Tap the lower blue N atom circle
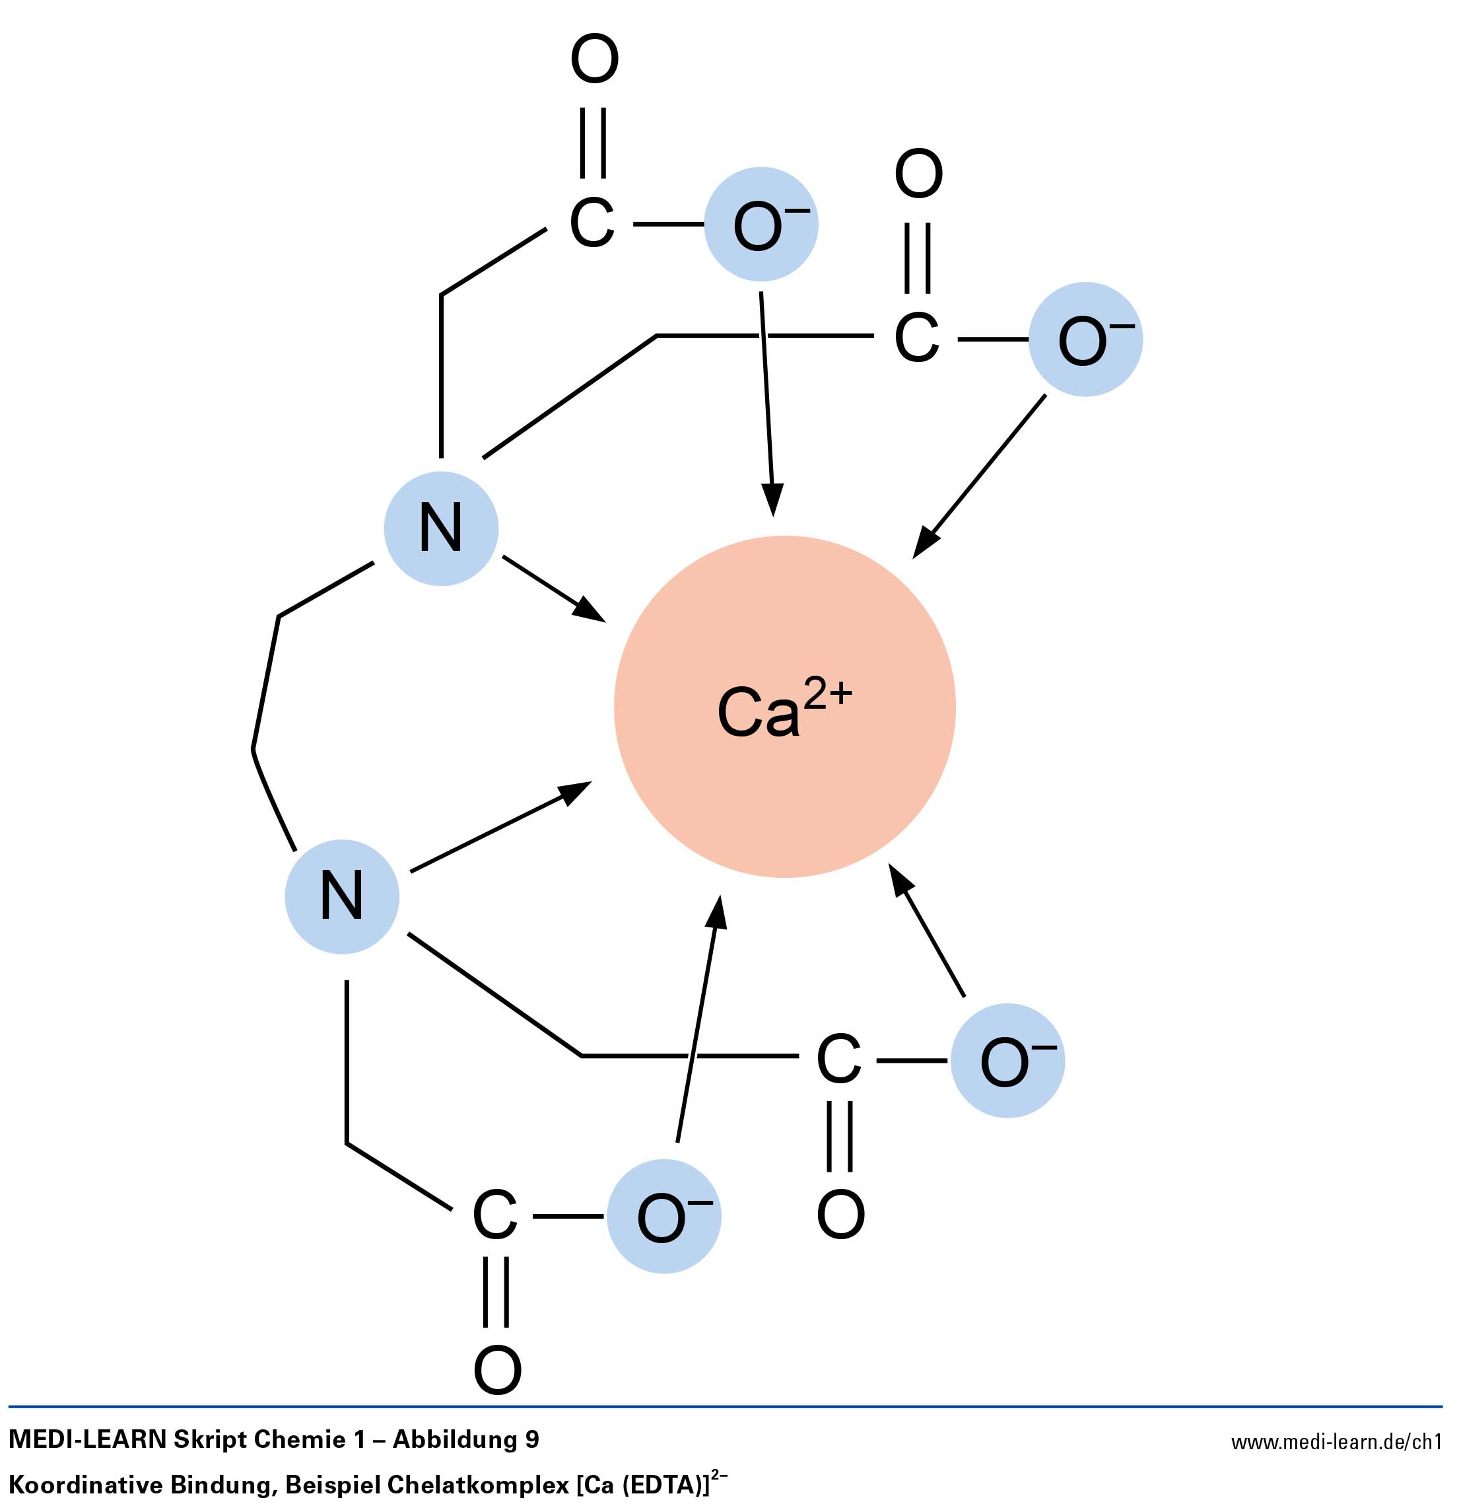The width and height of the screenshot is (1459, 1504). coord(342,896)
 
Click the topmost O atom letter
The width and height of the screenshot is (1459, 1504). coord(594,59)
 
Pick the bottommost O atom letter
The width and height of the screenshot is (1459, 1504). coord(497,1370)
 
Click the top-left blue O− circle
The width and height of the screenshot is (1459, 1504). coord(761,225)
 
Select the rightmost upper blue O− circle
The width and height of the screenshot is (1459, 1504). coord(1085,339)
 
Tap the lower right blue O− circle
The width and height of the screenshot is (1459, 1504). coord(1007,1061)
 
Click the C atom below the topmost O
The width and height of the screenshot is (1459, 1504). coord(592,223)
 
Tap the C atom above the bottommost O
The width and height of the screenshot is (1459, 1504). coord(494,1216)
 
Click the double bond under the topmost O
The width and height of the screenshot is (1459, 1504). coord(593,143)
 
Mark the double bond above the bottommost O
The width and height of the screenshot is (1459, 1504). coord(496,1292)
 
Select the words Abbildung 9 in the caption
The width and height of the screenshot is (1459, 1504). coord(465,1439)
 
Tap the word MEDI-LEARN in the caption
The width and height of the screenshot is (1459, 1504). coord(87,1439)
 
